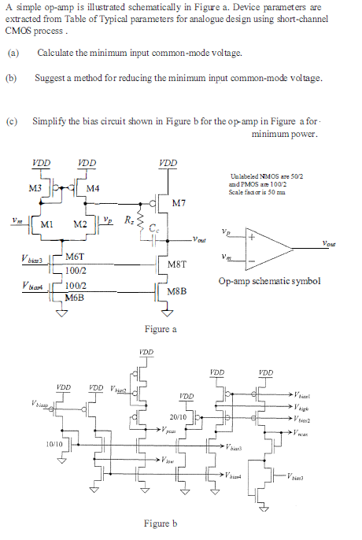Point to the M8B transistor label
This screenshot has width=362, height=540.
point(179,290)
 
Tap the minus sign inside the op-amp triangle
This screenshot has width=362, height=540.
point(252,258)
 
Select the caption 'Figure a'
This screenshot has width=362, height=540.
point(161,328)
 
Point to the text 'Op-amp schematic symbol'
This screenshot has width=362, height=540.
point(270,281)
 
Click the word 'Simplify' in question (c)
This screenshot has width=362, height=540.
point(48,121)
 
